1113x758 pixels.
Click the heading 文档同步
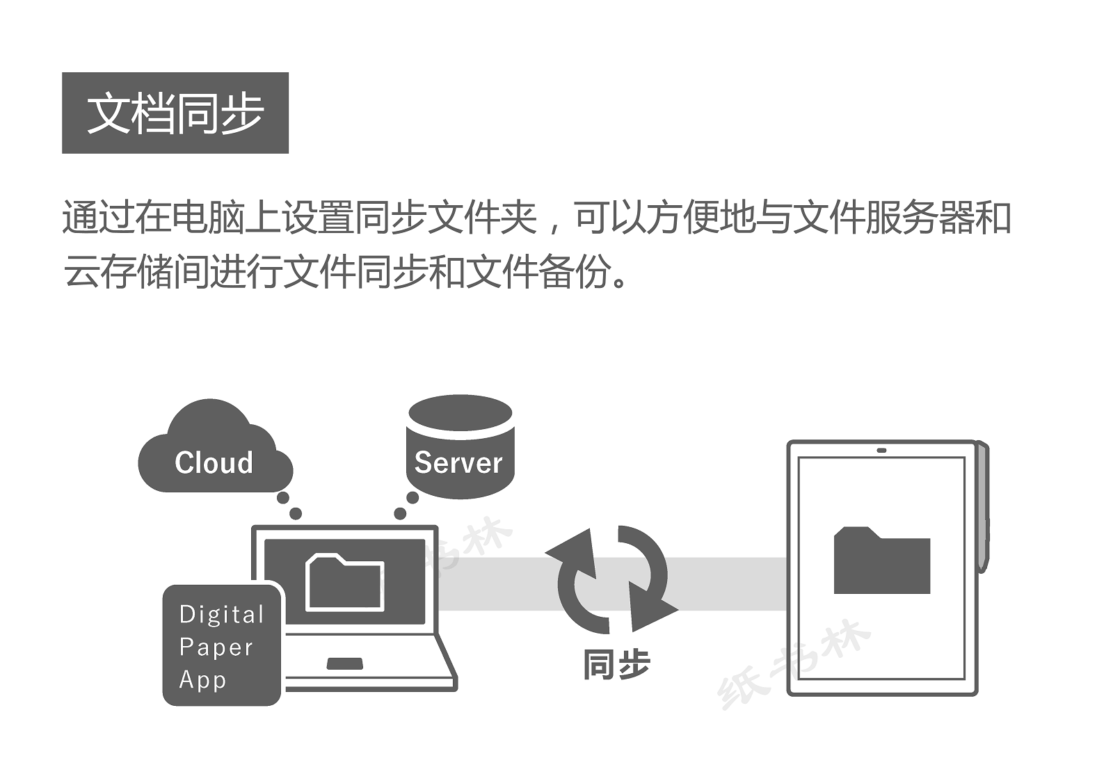tap(175, 113)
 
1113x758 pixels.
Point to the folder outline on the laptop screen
tap(344, 582)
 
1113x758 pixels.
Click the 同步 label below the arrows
tap(616, 665)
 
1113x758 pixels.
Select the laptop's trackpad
tap(344, 663)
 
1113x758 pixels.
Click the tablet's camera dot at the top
tap(881, 450)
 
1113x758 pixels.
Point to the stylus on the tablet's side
tap(983, 508)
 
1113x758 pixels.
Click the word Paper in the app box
tap(216, 647)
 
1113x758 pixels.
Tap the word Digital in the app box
tap(221, 614)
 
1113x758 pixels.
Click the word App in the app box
tap(202, 679)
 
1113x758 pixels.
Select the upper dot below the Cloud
tap(282, 498)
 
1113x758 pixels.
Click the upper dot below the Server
tap(413, 498)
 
